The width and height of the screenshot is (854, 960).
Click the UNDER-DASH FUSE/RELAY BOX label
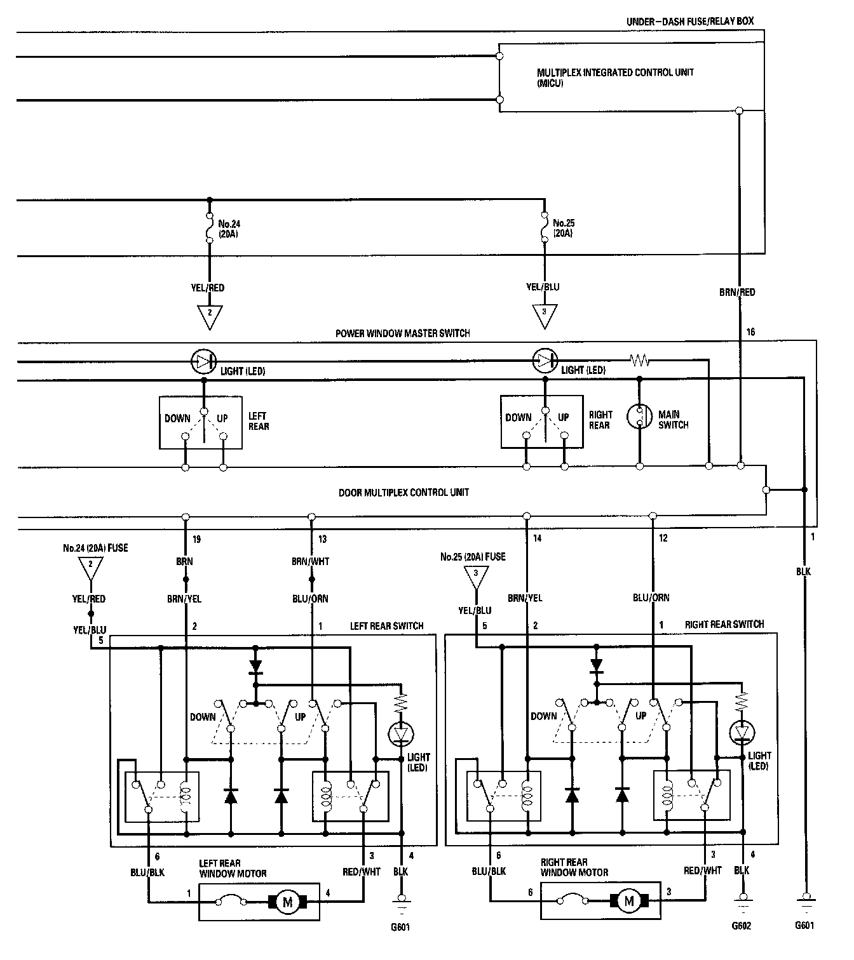coord(690,22)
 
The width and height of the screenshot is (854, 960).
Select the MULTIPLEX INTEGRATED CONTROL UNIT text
coord(615,72)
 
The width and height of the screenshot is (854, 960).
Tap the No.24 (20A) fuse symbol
coord(209,228)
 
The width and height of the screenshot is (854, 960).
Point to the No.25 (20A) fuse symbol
coord(545,227)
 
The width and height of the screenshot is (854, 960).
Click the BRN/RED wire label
coord(737,292)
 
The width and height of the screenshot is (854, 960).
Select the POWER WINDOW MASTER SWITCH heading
coord(403,333)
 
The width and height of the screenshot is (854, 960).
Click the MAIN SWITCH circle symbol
coord(639,417)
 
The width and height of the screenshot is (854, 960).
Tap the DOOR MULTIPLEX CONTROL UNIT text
coord(403,492)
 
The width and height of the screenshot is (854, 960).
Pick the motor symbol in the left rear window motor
coord(288,902)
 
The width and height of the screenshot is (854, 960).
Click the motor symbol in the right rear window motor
coord(629,901)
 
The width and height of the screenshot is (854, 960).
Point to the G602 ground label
coord(741,926)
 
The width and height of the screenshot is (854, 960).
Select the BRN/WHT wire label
coord(310,561)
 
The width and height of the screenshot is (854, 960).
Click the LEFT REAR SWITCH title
coord(386,626)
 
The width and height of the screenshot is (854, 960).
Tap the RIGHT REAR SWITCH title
coord(724,625)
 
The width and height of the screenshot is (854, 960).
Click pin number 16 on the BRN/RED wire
coord(750,332)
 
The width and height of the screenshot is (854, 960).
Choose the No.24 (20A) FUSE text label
coord(95,548)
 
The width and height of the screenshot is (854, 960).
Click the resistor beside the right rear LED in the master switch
coord(640,361)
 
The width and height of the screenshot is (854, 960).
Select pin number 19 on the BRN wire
coord(196,539)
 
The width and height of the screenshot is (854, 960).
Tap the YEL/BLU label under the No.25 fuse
coord(543,287)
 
